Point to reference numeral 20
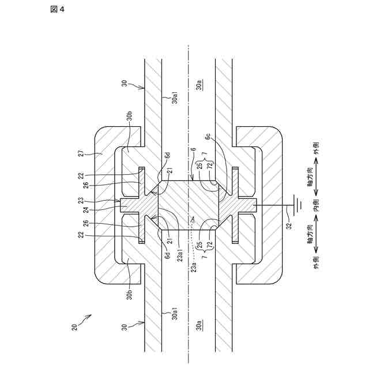(74, 327)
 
